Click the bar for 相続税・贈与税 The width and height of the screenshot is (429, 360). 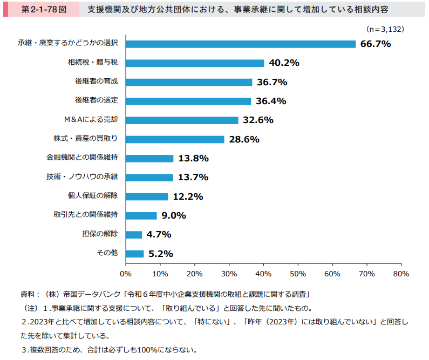(195, 63)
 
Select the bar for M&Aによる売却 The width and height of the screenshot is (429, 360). (182, 120)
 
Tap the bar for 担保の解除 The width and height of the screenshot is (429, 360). (134, 235)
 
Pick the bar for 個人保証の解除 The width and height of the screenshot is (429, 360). (147, 196)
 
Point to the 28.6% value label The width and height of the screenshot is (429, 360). (244, 139)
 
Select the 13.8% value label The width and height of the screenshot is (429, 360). (193, 159)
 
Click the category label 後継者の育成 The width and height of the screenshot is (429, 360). (96, 82)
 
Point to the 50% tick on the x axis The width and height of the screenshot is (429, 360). (298, 274)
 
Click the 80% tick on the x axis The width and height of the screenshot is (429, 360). (401, 274)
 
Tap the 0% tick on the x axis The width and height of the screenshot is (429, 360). (126, 274)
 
